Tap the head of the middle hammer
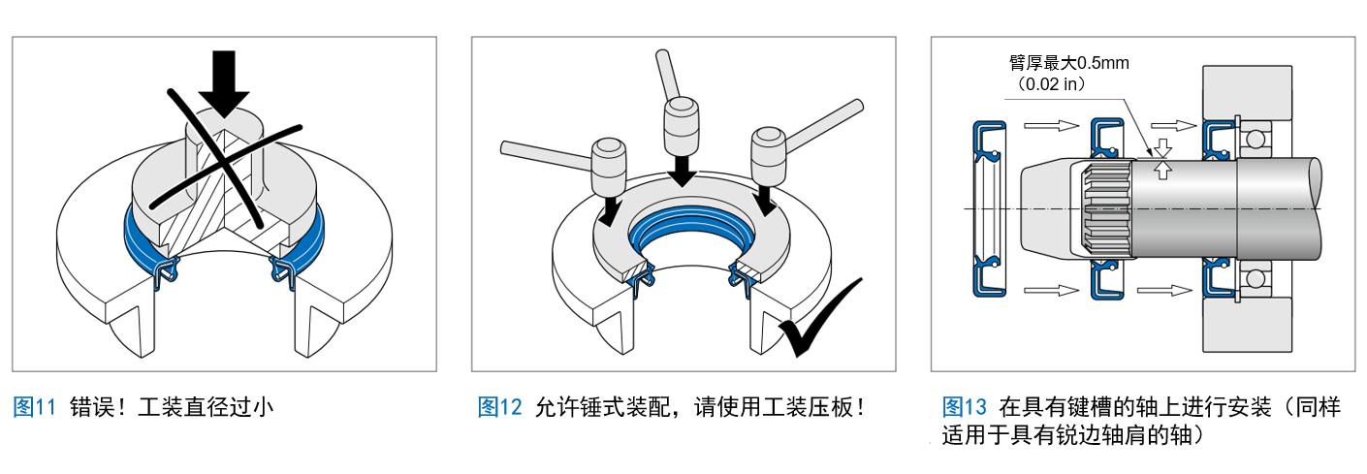coord(681,126)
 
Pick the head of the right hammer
coord(769,156)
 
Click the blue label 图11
coord(34,407)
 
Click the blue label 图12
coord(500,407)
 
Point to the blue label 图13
coord(965,407)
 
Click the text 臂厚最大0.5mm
coord(1069,63)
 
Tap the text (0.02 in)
coord(1052,84)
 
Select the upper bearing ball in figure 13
coord(1256,140)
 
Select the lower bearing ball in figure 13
coord(1256,279)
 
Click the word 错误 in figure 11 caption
coord(92,407)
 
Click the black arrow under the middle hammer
coord(682,171)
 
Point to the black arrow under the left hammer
coord(610,210)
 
